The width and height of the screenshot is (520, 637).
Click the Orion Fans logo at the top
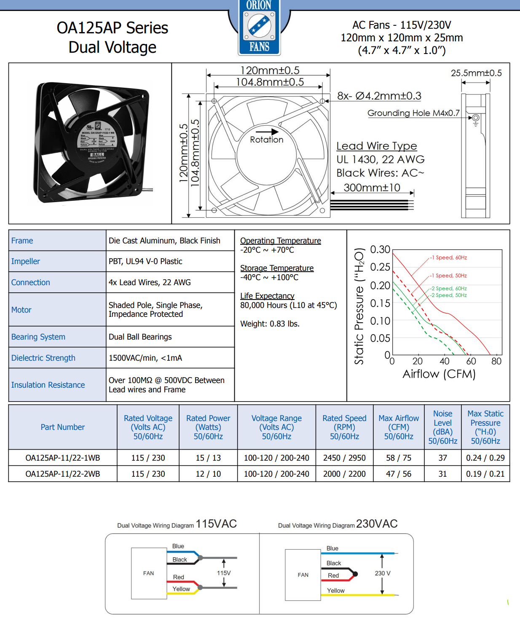coord(259,27)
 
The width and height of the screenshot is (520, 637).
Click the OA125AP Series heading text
coord(113,28)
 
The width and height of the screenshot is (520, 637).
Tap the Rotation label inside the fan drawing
coord(266,140)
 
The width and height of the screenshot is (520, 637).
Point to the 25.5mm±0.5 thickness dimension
coord(476,73)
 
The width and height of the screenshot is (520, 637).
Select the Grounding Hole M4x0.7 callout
coord(413,113)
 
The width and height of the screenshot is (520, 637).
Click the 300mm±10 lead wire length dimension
coord(372,188)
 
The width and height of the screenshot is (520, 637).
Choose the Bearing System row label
coord(38,337)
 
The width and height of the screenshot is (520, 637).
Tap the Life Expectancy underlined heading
coord(267,296)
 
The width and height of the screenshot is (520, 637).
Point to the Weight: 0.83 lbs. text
coord(270,324)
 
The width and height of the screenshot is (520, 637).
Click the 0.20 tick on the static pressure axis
coord(380,286)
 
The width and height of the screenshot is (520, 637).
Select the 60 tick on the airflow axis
coord(471,361)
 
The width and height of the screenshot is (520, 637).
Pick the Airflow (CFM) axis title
coord(439,374)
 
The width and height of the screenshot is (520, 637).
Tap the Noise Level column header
coord(442,427)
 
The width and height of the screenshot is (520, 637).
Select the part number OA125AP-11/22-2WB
coord(63,474)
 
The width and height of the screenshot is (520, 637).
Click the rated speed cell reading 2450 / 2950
coord(344,458)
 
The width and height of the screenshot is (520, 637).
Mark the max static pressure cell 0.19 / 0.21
coord(485,474)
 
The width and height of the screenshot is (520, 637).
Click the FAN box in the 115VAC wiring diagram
coord(149,573)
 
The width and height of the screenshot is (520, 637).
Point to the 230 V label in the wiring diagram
coord(383,573)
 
